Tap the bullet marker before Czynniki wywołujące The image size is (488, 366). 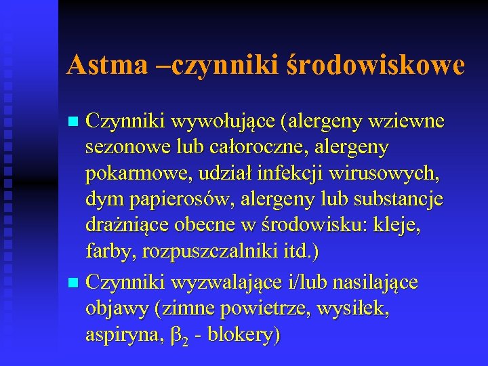point(75,122)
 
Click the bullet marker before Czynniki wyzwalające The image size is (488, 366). point(75,281)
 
